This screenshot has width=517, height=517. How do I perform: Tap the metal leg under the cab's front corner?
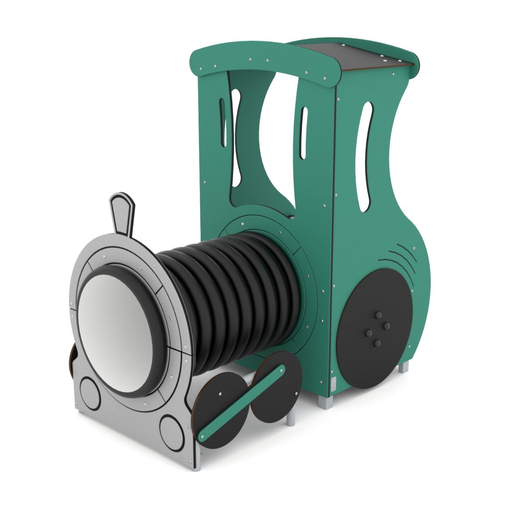tap(326, 401)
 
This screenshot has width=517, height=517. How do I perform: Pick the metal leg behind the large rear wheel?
tap(403, 365)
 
